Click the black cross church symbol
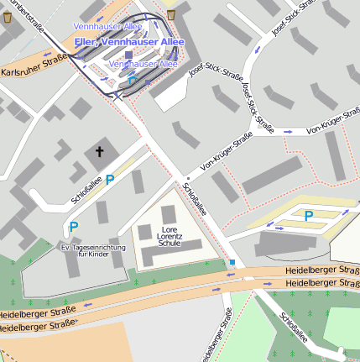click(x=100, y=152)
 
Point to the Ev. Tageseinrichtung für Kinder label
click(x=94, y=251)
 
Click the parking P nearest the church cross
click(x=110, y=179)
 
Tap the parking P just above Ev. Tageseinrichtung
click(x=74, y=227)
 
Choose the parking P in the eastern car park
click(x=309, y=216)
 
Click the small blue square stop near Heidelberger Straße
click(x=232, y=263)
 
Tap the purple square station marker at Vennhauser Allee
click(x=128, y=55)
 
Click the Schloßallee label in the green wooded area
click(x=293, y=328)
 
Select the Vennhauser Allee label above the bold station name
click(x=107, y=27)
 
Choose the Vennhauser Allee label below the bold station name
click(x=143, y=64)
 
